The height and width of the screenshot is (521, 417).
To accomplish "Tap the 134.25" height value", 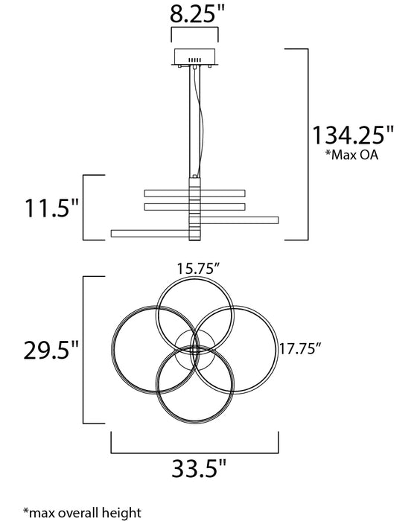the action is point(352,135).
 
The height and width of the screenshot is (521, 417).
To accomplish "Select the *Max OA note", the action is point(351,155).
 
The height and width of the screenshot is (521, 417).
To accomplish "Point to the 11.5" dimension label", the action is point(51,208).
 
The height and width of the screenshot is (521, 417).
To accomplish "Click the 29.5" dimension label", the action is point(51,350).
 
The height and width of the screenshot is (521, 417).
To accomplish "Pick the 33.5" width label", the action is point(199,468).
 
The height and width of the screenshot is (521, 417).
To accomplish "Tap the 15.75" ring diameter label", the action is point(199,269).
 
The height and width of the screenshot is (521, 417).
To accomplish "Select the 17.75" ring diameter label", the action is point(300,348).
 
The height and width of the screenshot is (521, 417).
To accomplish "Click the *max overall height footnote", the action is point(82,512).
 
